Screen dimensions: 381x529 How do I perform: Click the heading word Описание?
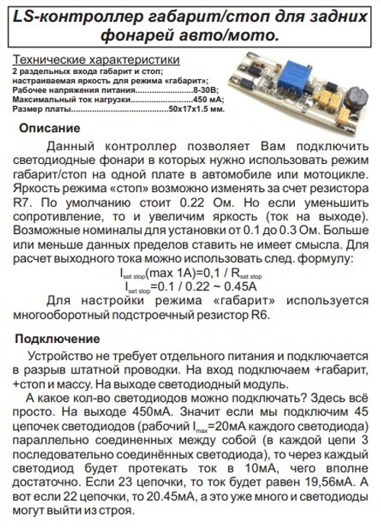[x=49, y=128]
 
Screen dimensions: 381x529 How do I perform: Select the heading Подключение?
[x=57, y=338]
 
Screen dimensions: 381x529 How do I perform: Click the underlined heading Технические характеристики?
[x=96, y=59]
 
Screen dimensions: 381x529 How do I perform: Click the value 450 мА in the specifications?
[x=209, y=100]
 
